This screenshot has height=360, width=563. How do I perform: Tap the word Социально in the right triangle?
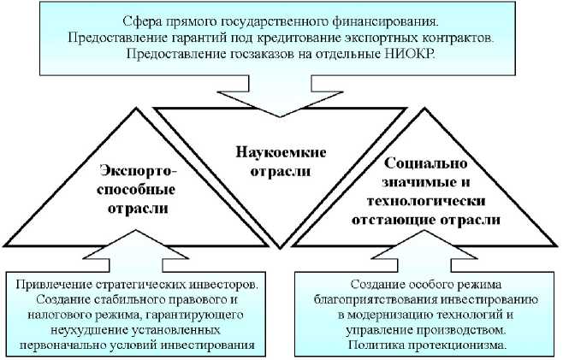pyautogui.click(x=425, y=162)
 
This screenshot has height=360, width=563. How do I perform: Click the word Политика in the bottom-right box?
pyautogui.click(x=376, y=344)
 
